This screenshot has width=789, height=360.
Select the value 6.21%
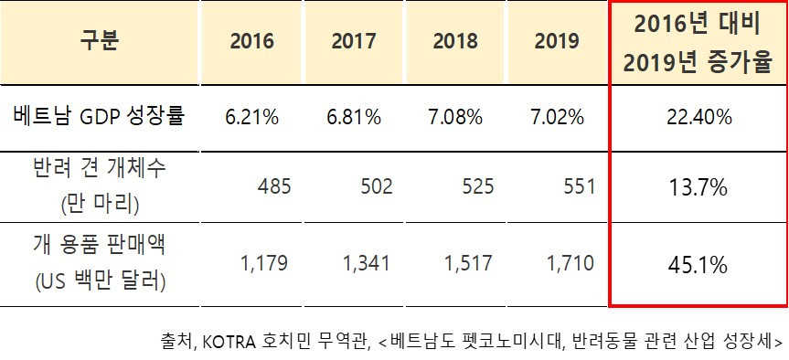point(251,117)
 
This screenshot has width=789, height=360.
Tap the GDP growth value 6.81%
point(354,117)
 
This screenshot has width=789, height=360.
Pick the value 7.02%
point(557,117)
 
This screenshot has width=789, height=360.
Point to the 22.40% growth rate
point(699,117)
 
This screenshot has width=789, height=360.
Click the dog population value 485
point(274,187)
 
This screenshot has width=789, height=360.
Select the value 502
point(377,187)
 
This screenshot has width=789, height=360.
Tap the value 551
point(579,187)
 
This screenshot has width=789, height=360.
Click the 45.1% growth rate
point(699,266)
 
